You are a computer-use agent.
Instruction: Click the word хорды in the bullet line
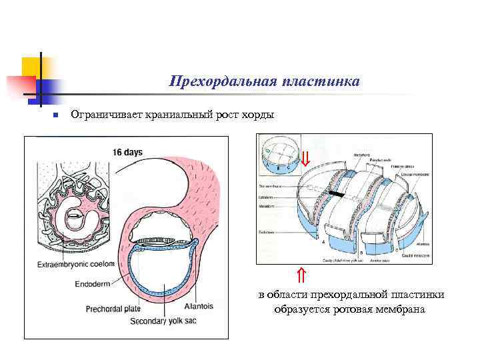[257, 115]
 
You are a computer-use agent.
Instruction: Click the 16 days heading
[127, 152]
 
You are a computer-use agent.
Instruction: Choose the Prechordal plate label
[113, 309]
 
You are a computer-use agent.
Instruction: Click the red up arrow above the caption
[301, 275]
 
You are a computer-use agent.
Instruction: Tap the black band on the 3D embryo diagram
[337, 194]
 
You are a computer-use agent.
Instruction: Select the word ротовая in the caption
[353, 310]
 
